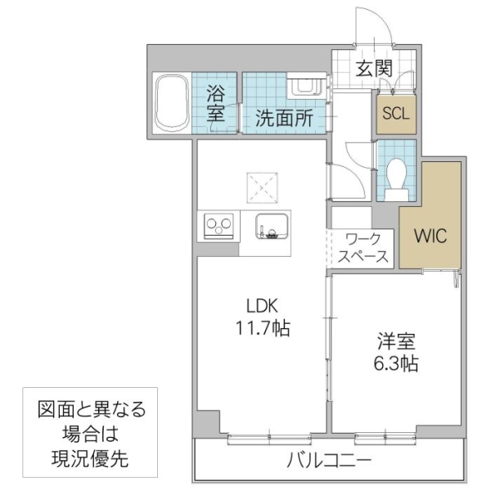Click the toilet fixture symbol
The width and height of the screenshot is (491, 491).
397,176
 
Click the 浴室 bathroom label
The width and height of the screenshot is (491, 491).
216,103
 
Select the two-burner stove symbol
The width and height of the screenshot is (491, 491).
219,223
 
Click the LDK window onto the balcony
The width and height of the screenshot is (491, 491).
260,438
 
